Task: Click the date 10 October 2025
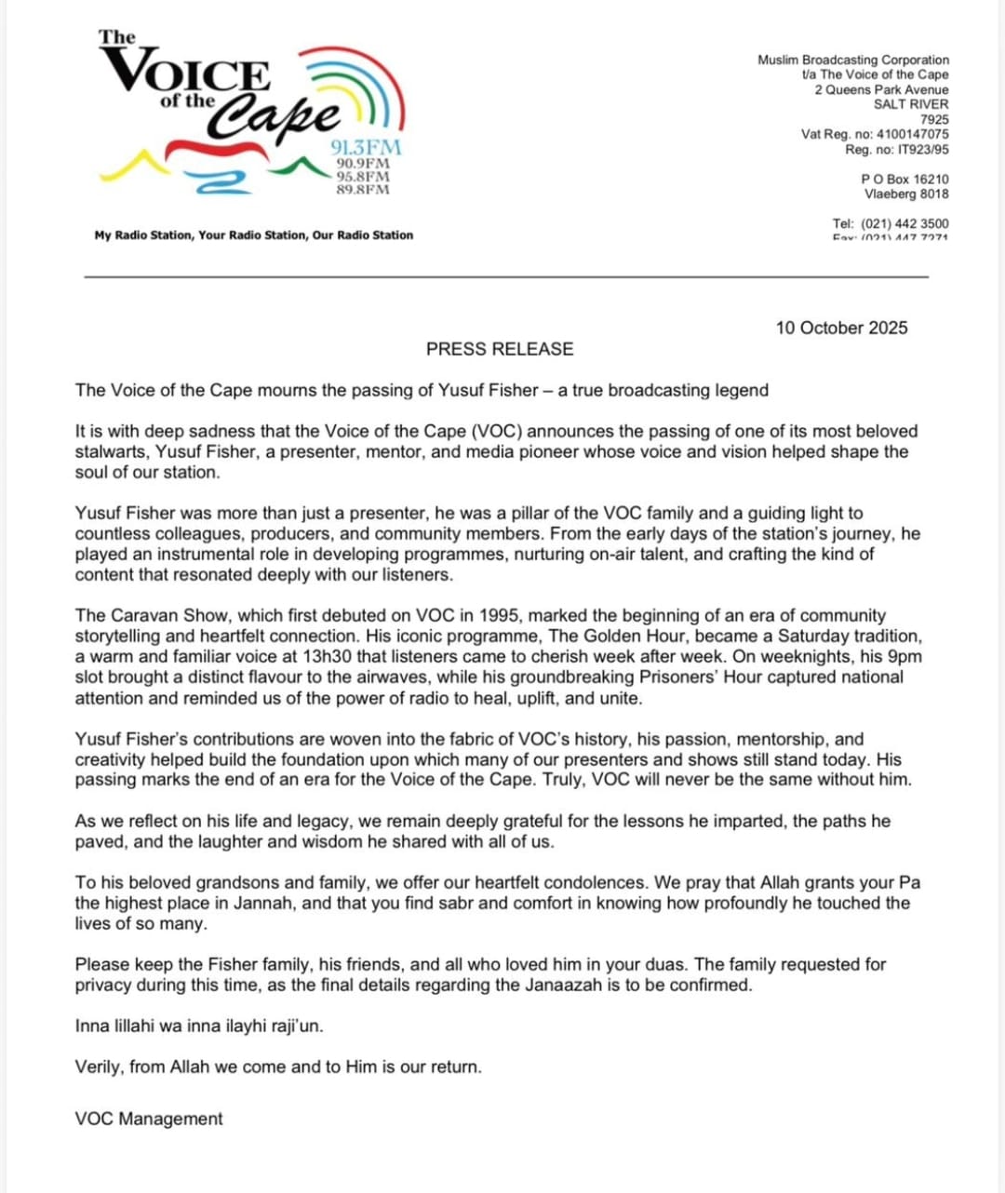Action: tap(841, 328)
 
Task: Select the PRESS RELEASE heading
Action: tap(500, 349)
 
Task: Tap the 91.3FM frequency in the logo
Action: tap(366, 148)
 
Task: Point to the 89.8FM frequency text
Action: tap(363, 190)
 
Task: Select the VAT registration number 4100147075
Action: tap(912, 134)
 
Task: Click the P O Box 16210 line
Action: tap(904, 179)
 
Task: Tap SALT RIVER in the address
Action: tap(911, 104)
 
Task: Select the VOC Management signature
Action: tap(149, 1119)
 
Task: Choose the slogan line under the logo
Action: tap(253, 235)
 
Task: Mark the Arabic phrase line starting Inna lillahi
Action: tap(199, 1025)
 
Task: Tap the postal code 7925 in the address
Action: tap(934, 119)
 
